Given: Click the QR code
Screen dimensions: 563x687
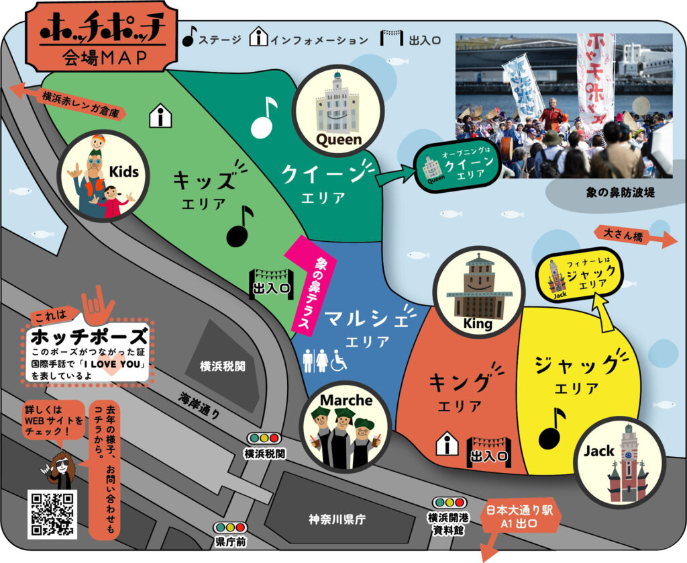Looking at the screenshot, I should [x=52, y=514].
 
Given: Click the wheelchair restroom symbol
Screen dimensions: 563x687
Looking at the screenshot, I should [x=340, y=361].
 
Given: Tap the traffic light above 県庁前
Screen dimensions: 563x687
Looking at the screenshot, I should [x=230, y=528].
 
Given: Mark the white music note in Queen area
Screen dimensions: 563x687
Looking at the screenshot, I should [x=264, y=118].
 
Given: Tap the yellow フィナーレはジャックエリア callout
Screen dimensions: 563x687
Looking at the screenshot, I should [x=580, y=275].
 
